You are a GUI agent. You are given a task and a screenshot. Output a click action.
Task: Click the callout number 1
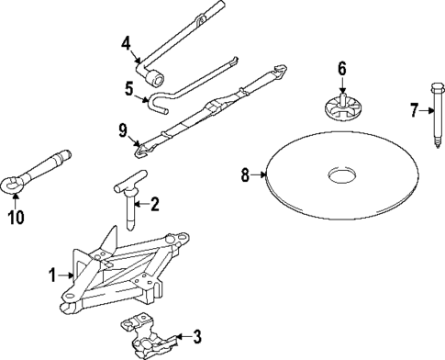[53, 273]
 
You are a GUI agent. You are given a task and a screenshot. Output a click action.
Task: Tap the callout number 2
[155, 204]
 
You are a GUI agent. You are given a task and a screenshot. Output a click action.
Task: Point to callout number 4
[126, 40]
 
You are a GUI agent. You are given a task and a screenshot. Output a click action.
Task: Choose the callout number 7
[414, 110]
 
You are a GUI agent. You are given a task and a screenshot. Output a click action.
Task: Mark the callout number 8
[246, 174]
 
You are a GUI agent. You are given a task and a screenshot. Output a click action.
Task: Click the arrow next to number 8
[261, 174]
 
